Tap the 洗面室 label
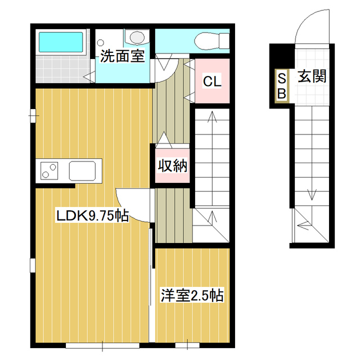point(123,56)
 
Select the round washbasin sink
point(136,37)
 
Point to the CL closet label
point(211,82)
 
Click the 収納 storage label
point(172,166)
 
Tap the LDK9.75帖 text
point(92,215)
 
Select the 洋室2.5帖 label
point(192,295)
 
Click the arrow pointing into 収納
point(164,138)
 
